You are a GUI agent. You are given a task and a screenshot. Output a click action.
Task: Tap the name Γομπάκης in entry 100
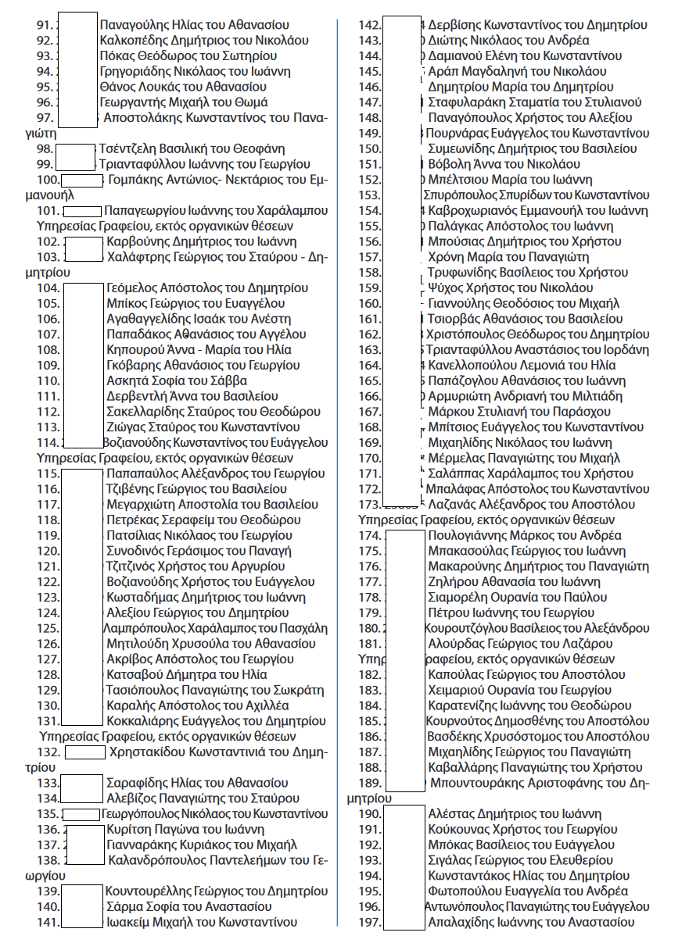pos(136,180)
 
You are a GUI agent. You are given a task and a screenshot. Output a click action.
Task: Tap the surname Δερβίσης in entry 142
pos(454,25)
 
